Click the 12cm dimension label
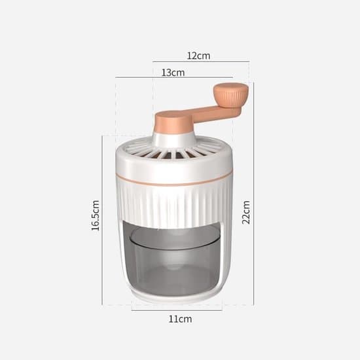198,56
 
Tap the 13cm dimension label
173,73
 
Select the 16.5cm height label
96,215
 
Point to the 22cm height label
246,212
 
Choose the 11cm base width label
180,319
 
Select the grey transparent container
174,259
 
